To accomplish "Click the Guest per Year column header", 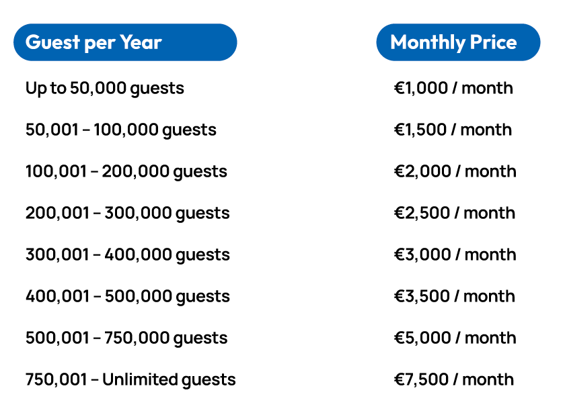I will pos(124,42).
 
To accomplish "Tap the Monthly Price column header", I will pos(458,42).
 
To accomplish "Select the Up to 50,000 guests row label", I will pos(104,88).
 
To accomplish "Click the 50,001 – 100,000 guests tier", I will pos(121,130).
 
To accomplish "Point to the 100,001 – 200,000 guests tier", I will pos(126,171).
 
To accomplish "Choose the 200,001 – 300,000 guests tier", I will pos(128,213).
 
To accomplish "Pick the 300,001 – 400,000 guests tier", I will pos(128,255).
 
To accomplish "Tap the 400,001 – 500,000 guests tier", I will pos(128,296).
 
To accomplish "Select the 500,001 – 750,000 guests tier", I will pos(126,338).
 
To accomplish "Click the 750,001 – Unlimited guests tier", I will pos(130,379).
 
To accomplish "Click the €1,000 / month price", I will pos(453,88).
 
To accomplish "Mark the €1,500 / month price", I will pos(453,130).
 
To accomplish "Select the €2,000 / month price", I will pos(455,171).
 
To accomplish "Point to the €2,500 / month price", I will pos(455,213).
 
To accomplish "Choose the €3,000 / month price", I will pos(455,255).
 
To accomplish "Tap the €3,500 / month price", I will pos(455,296).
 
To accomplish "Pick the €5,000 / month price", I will pos(455,338).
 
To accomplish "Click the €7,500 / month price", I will pos(454,379).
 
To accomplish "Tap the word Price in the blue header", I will pos(494,42).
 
